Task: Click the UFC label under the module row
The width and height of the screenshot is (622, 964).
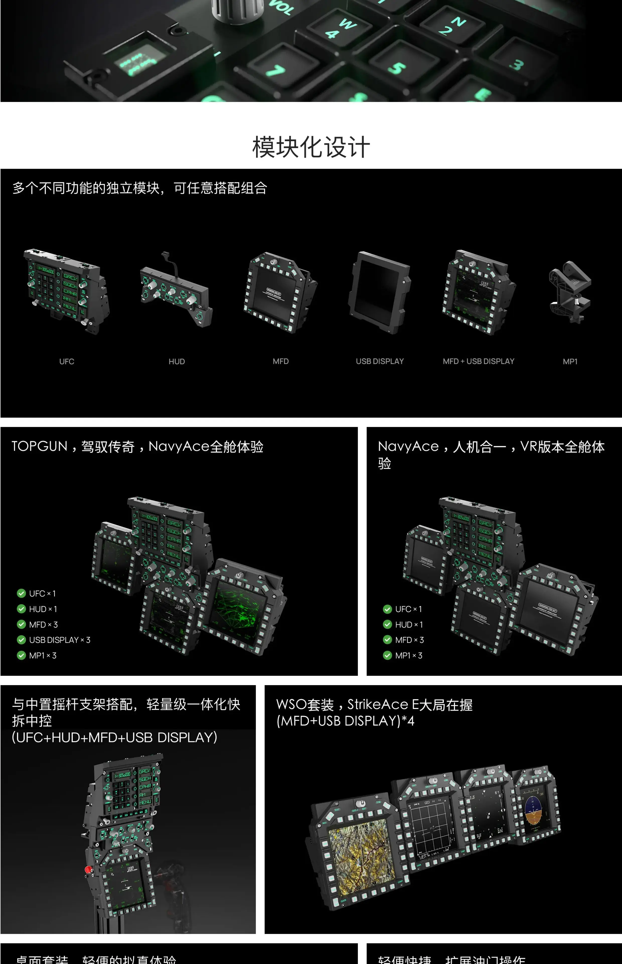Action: tap(67, 361)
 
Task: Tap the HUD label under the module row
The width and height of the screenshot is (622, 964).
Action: tap(177, 361)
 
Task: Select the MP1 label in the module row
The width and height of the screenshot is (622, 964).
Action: tap(570, 361)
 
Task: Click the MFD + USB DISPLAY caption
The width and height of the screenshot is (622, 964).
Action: tap(478, 361)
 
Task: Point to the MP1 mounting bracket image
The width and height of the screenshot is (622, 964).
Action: tap(570, 291)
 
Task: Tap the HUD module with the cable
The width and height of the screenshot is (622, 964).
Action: tap(176, 295)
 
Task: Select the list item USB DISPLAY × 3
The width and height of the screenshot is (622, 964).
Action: tap(59, 640)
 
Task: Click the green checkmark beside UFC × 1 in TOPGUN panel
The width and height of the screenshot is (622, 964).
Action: tap(21, 593)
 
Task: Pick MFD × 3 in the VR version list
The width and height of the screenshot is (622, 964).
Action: tap(409, 640)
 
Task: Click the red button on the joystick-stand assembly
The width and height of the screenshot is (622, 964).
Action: tap(88, 869)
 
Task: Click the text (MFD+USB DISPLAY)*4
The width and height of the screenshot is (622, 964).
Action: tap(345, 721)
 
